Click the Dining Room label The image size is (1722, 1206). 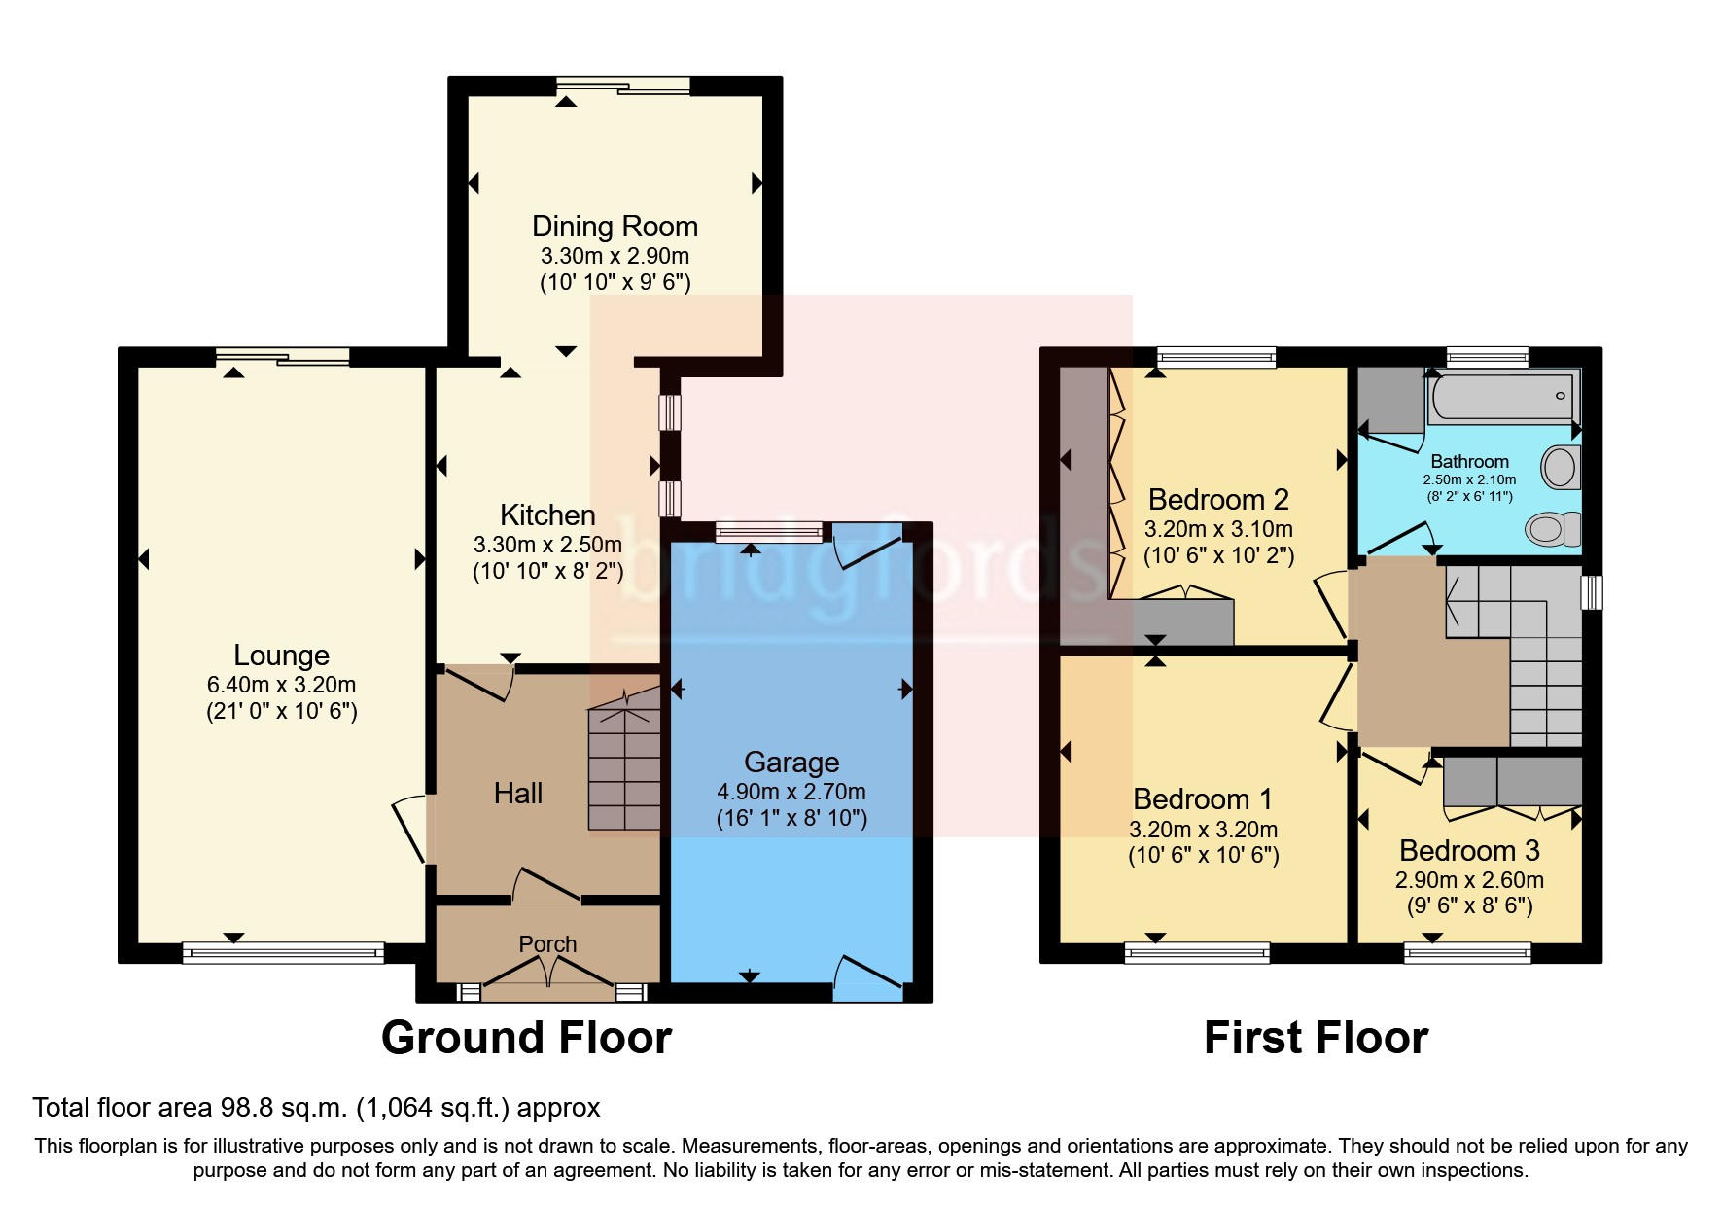tap(615, 227)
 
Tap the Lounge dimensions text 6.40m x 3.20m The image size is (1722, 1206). tap(281, 685)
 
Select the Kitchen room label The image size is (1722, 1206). tap(547, 514)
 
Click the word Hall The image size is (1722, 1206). tap(517, 794)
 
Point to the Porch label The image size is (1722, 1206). tap(547, 943)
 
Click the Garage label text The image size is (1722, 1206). tap(791, 762)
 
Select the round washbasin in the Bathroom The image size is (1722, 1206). tap(1561, 467)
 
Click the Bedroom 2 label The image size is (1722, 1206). tap(1218, 500)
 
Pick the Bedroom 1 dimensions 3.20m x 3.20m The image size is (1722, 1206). tap(1203, 830)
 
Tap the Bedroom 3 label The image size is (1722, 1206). tap(1469, 851)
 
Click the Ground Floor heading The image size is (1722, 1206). tap(526, 1038)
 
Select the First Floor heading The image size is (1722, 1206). tap(1316, 1038)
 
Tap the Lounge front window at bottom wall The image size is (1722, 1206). tap(283, 953)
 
